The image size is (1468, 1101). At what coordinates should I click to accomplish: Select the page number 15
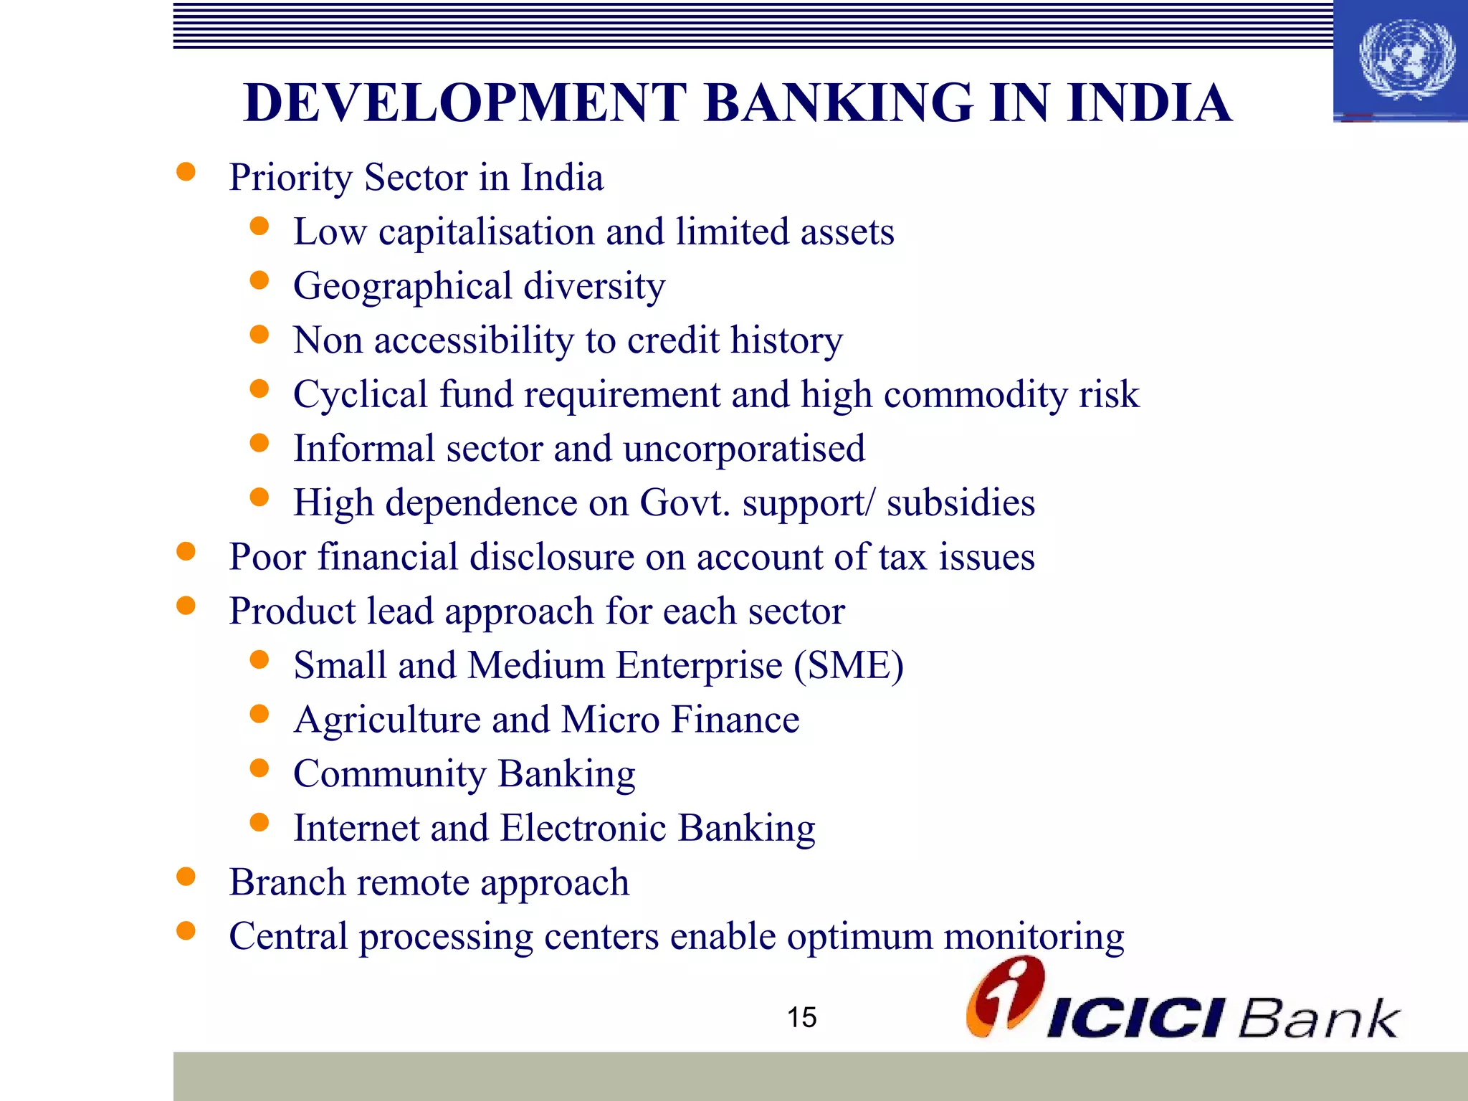801,1017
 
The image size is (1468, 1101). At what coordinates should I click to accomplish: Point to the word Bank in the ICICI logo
1317,1018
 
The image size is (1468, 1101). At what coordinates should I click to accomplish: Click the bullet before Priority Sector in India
186,172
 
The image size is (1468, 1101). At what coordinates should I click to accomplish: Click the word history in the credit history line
786,340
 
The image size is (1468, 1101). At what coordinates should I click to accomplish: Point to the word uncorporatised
743,449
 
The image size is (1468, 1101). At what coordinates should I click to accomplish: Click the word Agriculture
388,720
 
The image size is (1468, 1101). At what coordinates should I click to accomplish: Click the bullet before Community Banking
259,768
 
